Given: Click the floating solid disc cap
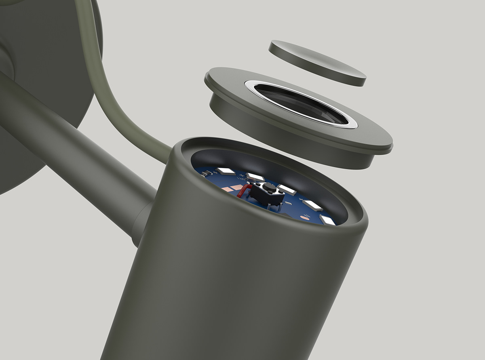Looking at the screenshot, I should pyautogui.click(x=317, y=62).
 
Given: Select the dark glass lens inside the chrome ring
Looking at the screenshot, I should pyautogui.click(x=301, y=103).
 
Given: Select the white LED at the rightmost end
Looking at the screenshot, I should pyautogui.click(x=327, y=220).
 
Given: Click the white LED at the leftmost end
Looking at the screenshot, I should pyautogui.click(x=226, y=171).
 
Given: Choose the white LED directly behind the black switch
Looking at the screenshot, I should pyautogui.click(x=255, y=177).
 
